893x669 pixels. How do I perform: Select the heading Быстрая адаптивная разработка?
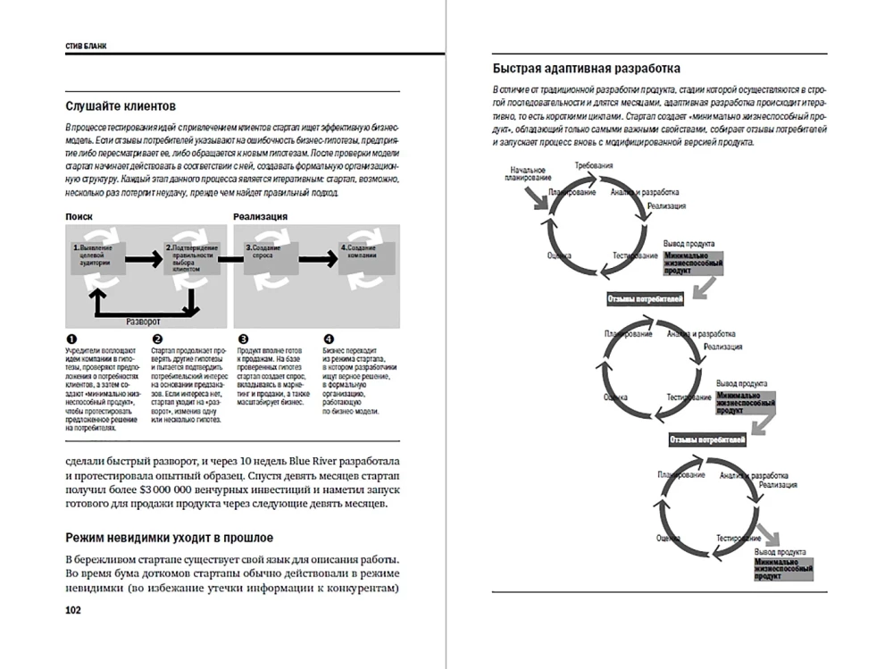click(x=586, y=68)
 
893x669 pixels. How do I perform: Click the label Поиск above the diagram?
click(x=79, y=216)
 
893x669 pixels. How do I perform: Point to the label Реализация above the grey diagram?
click(x=260, y=216)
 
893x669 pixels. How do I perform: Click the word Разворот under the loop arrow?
click(x=143, y=319)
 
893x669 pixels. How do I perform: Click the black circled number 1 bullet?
click(x=71, y=340)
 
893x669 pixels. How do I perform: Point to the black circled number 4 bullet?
click(x=329, y=340)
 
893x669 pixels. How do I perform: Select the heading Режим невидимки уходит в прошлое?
click(x=170, y=537)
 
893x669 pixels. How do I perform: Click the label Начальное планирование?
click(x=528, y=174)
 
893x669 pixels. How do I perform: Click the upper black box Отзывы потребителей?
click(x=645, y=298)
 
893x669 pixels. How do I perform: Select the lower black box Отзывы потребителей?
click(x=707, y=439)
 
